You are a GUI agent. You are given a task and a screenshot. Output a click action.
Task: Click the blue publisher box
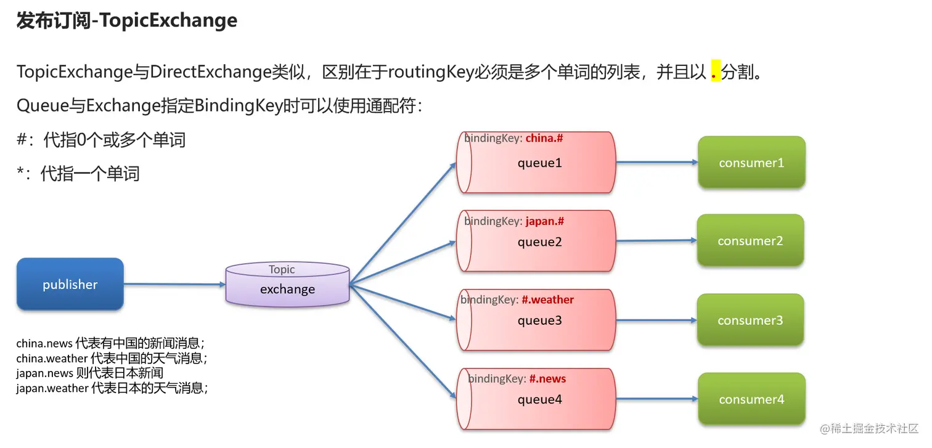pos(70,284)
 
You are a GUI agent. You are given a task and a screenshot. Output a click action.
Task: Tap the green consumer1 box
pos(751,163)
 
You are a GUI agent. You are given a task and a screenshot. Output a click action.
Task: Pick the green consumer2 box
pos(750,241)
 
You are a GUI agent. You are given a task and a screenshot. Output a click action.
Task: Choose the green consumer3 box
pos(750,320)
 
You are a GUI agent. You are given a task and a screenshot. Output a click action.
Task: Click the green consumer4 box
pos(751,399)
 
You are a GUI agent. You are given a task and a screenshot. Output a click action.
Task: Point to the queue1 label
pos(539,163)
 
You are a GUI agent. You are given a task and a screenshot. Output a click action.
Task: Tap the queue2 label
pos(539,242)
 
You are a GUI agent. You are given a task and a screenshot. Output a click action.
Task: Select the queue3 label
pos(539,320)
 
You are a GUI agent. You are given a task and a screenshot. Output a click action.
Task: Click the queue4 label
pos(539,399)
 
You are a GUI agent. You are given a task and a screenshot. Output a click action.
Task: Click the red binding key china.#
pos(544,139)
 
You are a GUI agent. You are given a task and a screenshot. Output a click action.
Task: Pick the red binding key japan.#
pos(544,221)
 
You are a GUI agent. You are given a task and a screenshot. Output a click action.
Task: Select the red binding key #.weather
pos(547,300)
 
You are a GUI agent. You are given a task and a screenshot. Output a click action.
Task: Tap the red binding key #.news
pos(547,379)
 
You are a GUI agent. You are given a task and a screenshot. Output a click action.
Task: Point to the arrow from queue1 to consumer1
pos(656,163)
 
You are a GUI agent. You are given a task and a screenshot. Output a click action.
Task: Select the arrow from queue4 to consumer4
pos(656,399)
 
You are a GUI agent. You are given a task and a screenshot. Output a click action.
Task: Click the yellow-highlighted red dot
pos(715,73)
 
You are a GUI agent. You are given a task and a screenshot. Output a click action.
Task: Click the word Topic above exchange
pos(282,269)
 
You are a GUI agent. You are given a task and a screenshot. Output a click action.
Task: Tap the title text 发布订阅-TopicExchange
pos(126,20)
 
